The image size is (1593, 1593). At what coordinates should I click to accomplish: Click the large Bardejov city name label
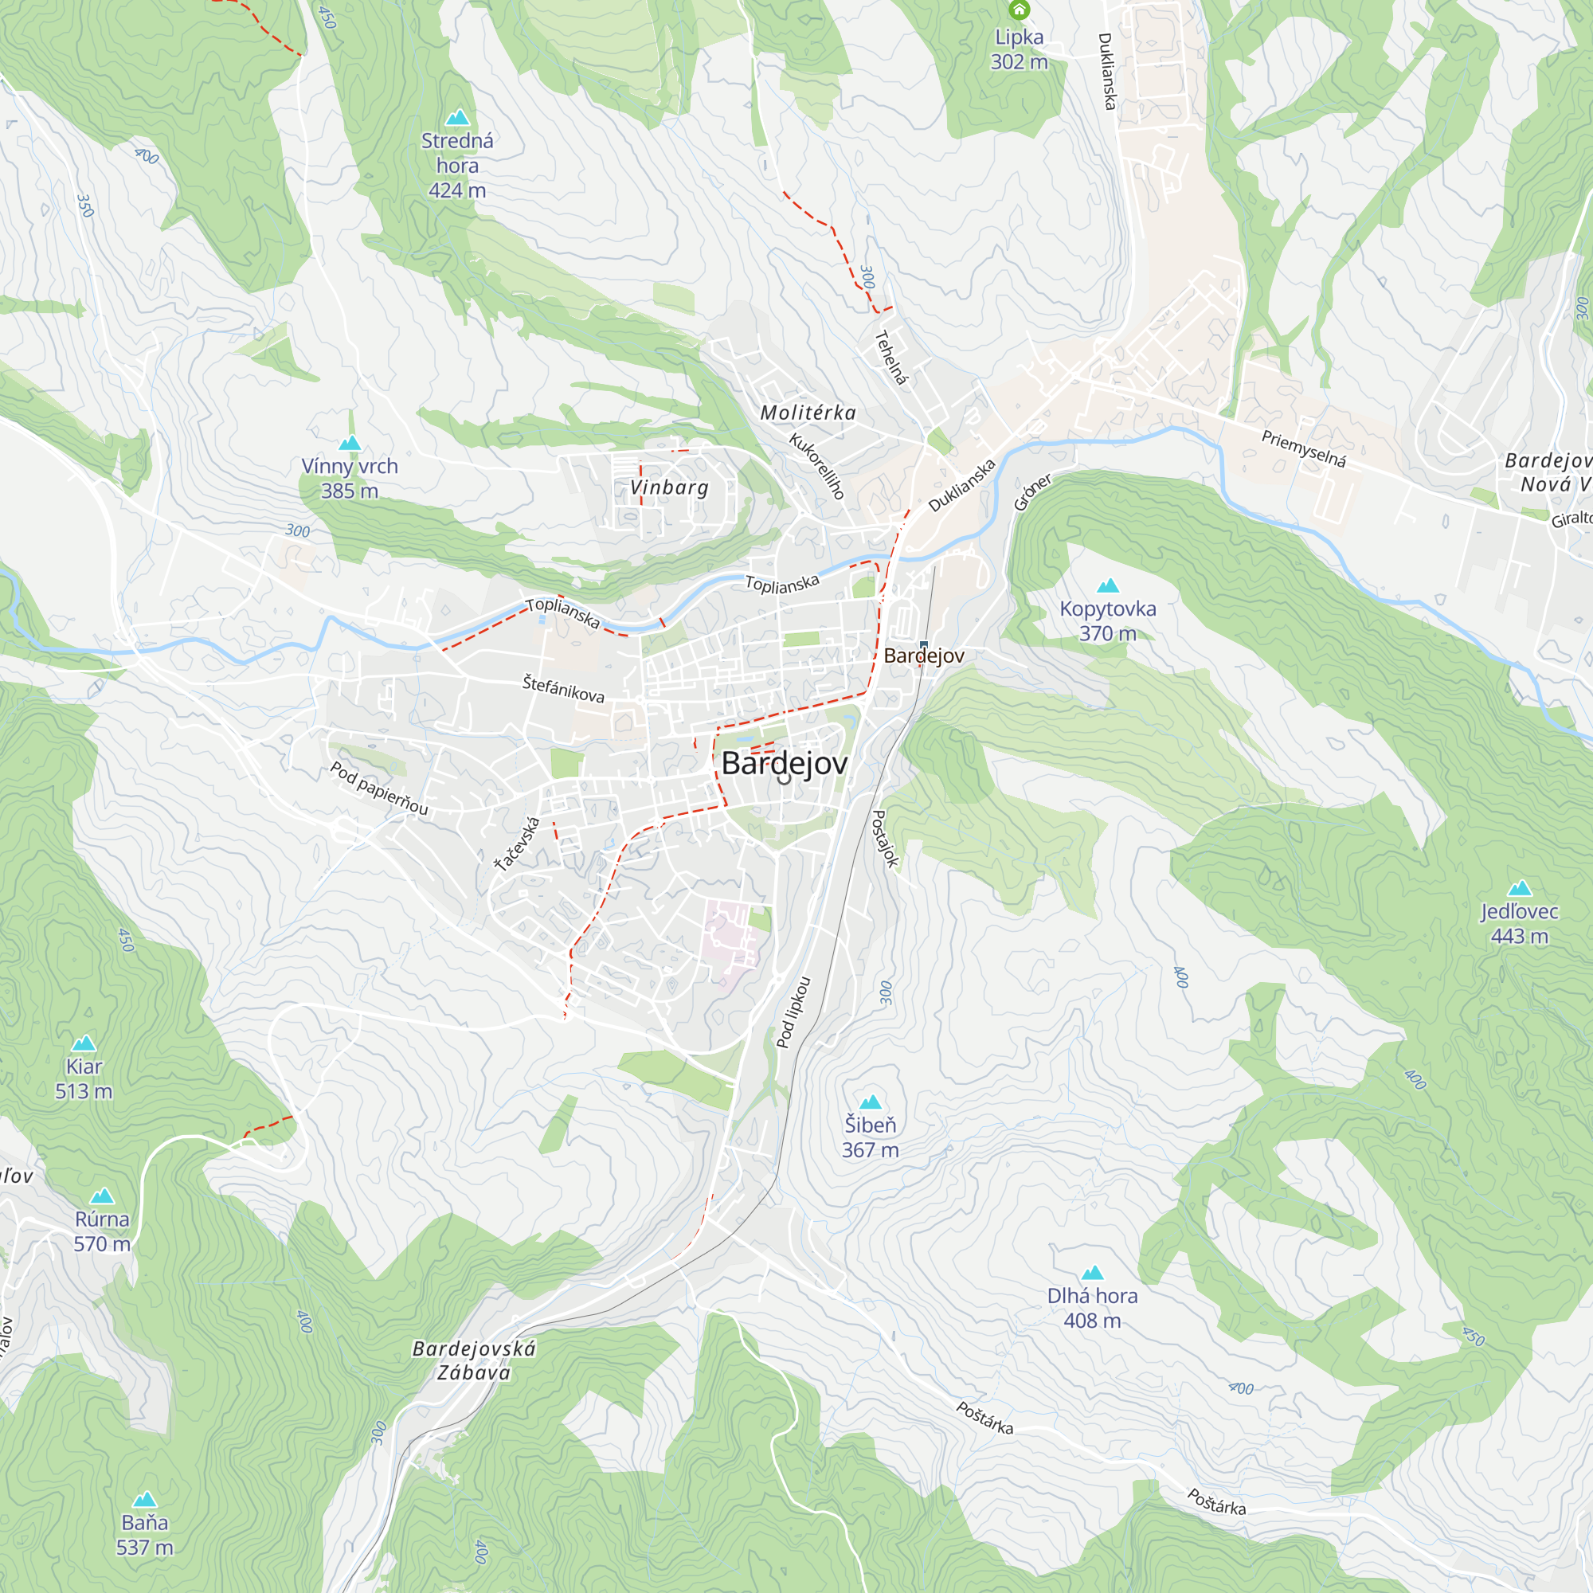click(784, 764)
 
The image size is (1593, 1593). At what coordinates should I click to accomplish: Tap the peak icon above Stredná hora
click(458, 117)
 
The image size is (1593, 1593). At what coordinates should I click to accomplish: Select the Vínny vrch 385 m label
click(350, 478)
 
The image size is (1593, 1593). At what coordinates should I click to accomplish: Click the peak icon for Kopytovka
click(1108, 585)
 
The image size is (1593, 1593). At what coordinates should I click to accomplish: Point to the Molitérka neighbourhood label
click(808, 413)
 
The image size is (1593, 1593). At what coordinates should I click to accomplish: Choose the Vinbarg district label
click(670, 487)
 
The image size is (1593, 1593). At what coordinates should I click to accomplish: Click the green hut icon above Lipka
click(1020, 10)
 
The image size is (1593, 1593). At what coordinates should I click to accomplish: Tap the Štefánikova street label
click(563, 687)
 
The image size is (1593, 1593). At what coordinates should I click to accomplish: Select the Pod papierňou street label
click(379, 789)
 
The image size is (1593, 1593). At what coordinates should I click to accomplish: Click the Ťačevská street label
click(517, 843)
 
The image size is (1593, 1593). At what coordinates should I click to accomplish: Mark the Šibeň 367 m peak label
click(870, 1137)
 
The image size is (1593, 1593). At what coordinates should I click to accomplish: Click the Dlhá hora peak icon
click(1093, 1272)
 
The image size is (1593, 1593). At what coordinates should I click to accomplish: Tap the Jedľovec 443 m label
click(1519, 923)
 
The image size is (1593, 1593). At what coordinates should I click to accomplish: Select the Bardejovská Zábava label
click(474, 1360)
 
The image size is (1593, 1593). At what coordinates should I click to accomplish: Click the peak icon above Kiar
click(84, 1043)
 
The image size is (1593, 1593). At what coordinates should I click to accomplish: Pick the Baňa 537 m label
click(145, 1535)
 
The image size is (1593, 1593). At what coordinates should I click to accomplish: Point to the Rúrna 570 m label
click(102, 1231)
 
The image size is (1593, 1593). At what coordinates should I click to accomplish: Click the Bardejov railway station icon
click(923, 645)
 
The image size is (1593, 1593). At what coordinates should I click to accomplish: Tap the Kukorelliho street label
click(817, 466)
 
